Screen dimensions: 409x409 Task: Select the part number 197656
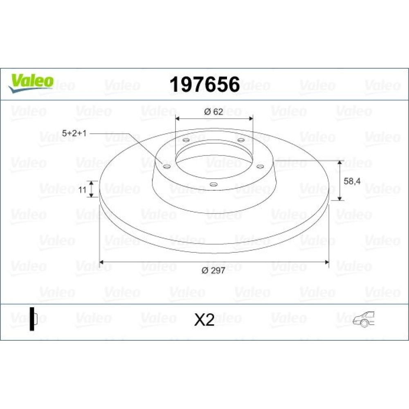204,84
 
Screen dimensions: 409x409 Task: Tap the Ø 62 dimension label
214,112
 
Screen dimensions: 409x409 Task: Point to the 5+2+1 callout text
74,133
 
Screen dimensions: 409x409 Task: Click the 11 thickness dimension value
83,190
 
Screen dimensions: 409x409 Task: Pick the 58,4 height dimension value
352,181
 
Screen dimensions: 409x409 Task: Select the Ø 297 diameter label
213,270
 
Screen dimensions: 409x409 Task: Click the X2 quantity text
204,319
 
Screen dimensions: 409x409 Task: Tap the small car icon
364,319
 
